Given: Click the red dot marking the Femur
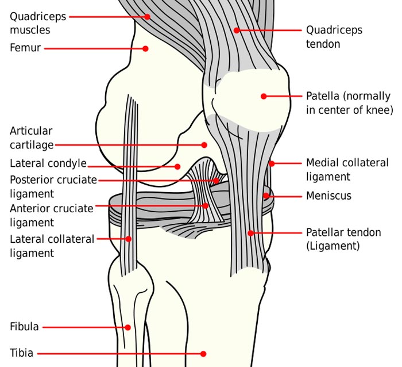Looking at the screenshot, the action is point(145,48).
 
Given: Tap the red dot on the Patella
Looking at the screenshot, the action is point(264,96).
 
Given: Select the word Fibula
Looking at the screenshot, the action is point(24,327).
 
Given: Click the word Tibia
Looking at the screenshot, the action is point(22,353).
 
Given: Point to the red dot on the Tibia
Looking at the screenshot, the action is point(203,354).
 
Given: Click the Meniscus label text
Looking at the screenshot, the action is point(328,196).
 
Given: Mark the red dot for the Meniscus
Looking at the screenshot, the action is point(266,196).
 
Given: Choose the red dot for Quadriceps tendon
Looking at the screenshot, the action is point(237,30).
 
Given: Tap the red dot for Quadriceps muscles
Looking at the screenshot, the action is point(147,17).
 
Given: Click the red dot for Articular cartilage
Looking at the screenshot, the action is point(204,145).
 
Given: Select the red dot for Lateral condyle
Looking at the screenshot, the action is point(177,167).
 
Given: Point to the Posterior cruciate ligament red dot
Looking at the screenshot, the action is point(216,181).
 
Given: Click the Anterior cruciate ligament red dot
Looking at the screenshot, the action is point(206,206).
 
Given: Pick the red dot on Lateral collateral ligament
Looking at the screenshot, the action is point(129,239).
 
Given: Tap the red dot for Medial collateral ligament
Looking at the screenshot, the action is point(272,163).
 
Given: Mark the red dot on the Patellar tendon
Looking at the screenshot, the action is point(251,233).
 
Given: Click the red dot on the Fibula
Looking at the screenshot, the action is point(127,327).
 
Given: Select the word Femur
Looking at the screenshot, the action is point(25,48).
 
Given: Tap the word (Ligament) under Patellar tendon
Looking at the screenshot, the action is point(333,246).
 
